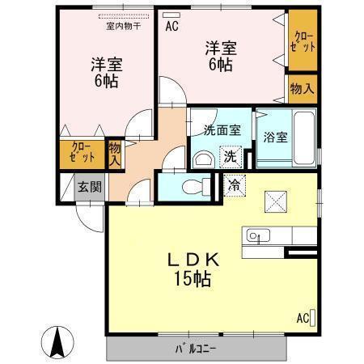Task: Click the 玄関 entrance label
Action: point(89,186)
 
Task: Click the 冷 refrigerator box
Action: point(234,184)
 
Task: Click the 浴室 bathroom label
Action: point(274,137)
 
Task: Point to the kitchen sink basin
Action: point(256,237)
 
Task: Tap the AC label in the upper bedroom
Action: point(171,25)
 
